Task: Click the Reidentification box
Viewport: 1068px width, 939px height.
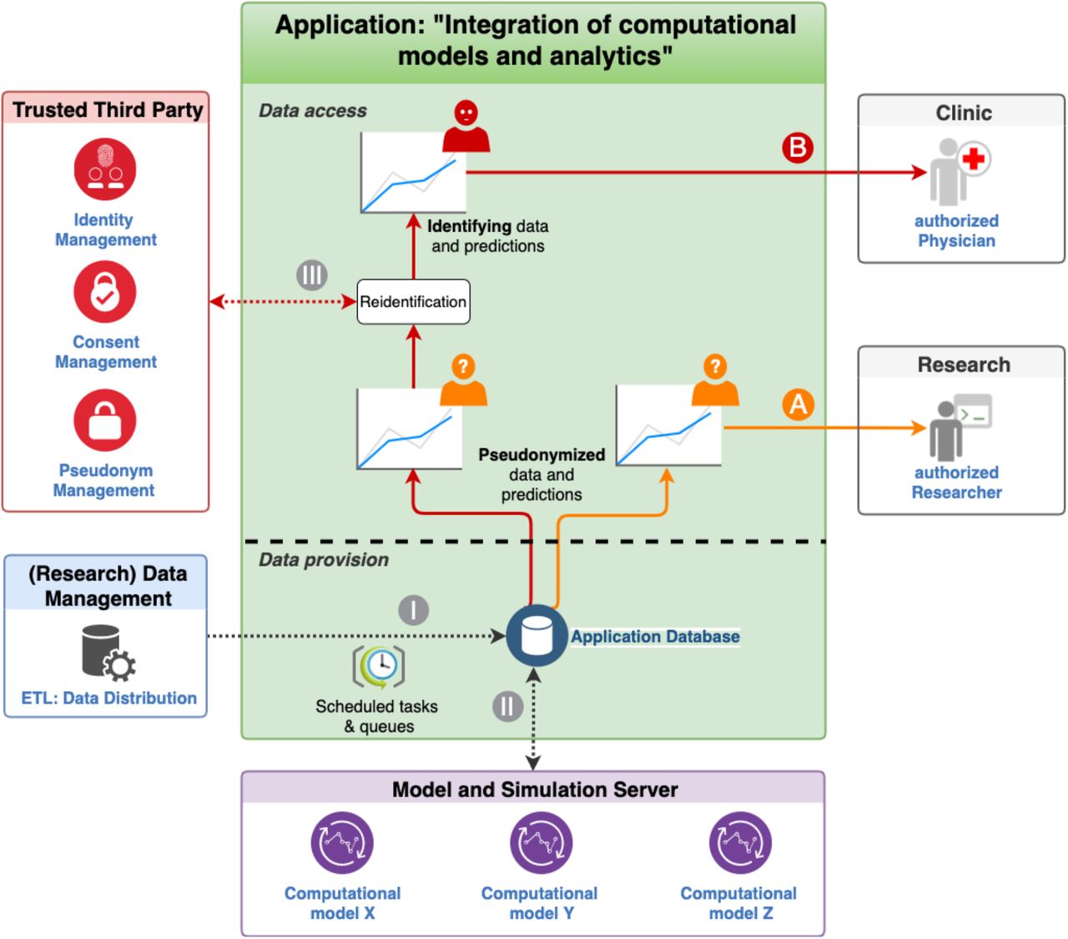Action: [x=413, y=301]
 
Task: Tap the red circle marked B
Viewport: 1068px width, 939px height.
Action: [x=797, y=148]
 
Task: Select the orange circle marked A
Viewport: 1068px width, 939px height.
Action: [x=798, y=404]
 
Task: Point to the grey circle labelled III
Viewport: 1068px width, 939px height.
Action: [x=312, y=275]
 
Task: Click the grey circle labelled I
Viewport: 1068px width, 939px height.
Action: [x=413, y=610]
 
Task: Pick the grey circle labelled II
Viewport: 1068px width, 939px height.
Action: [x=507, y=706]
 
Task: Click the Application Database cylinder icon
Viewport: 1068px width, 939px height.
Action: [x=537, y=635]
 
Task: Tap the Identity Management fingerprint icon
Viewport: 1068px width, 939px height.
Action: [x=105, y=169]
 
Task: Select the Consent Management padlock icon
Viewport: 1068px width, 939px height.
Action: [x=105, y=291]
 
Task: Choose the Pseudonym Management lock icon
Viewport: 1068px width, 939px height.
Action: [x=105, y=420]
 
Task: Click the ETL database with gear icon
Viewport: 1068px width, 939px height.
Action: [x=108, y=653]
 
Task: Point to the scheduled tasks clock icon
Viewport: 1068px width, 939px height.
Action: [x=379, y=666]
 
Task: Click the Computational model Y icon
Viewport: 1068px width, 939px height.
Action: [x=541, y=842]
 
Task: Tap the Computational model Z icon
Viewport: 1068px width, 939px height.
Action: [x=740, y=842]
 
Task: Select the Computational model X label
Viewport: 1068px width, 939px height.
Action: [x=343, y=903]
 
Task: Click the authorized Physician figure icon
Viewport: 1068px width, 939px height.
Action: [x=959, y=172]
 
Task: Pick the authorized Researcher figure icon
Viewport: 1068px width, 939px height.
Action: [x=960, y=427]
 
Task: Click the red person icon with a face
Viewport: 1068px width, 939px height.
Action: [x=466, y=126]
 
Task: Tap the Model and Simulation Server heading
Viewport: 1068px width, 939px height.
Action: [x=535, y=790]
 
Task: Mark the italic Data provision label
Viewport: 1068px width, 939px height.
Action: [x=324, y=559]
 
